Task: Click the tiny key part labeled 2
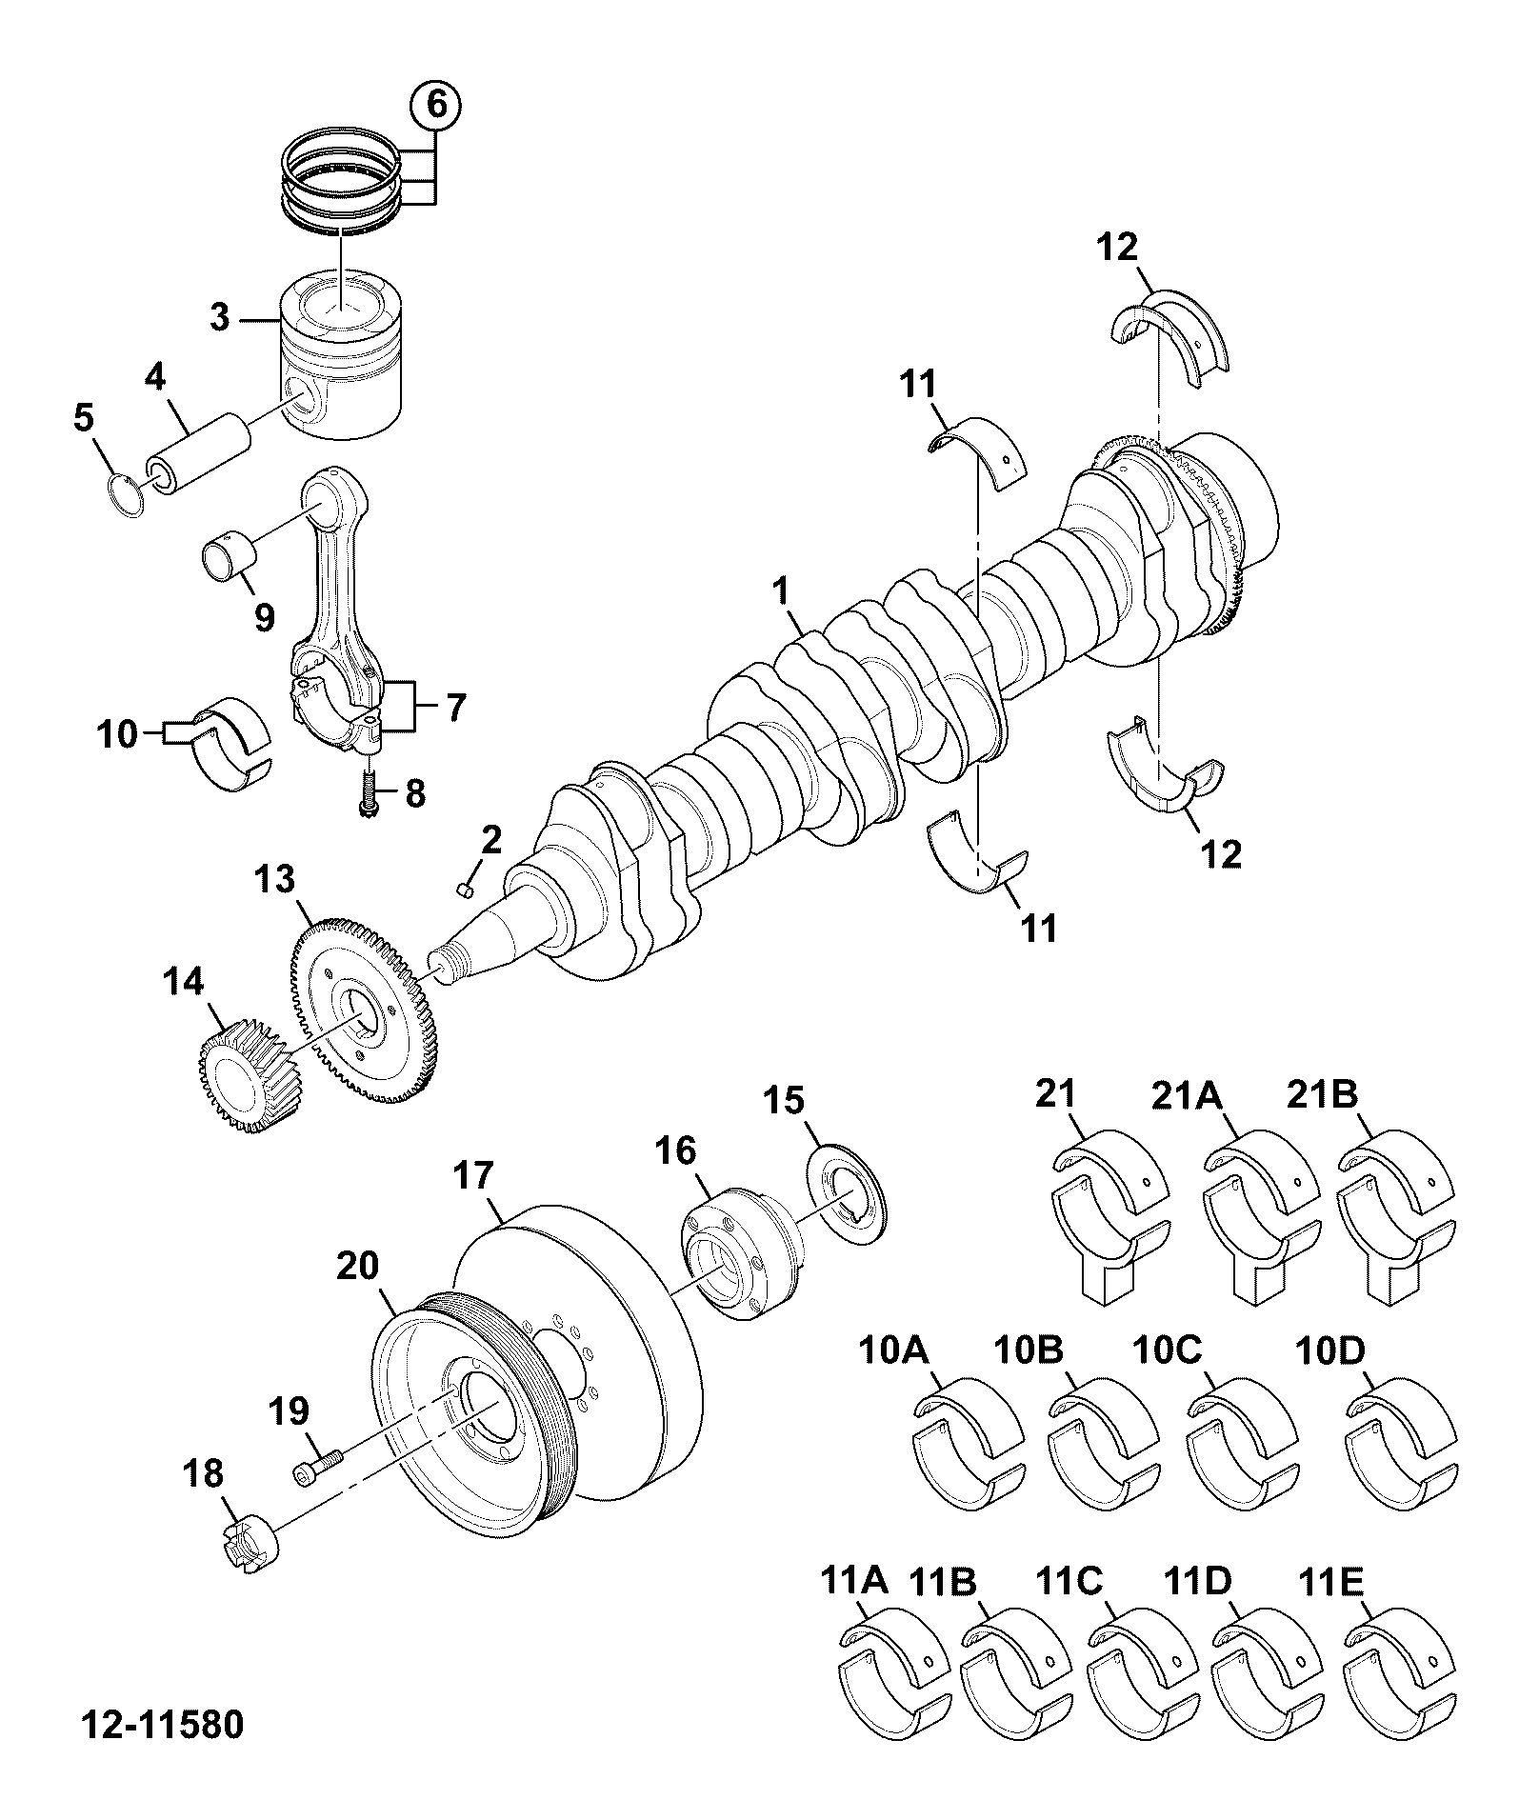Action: click(x=467, y=890)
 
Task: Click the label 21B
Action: click(x=1322, y=1094)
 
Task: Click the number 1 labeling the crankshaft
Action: click(x=781, y=591)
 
